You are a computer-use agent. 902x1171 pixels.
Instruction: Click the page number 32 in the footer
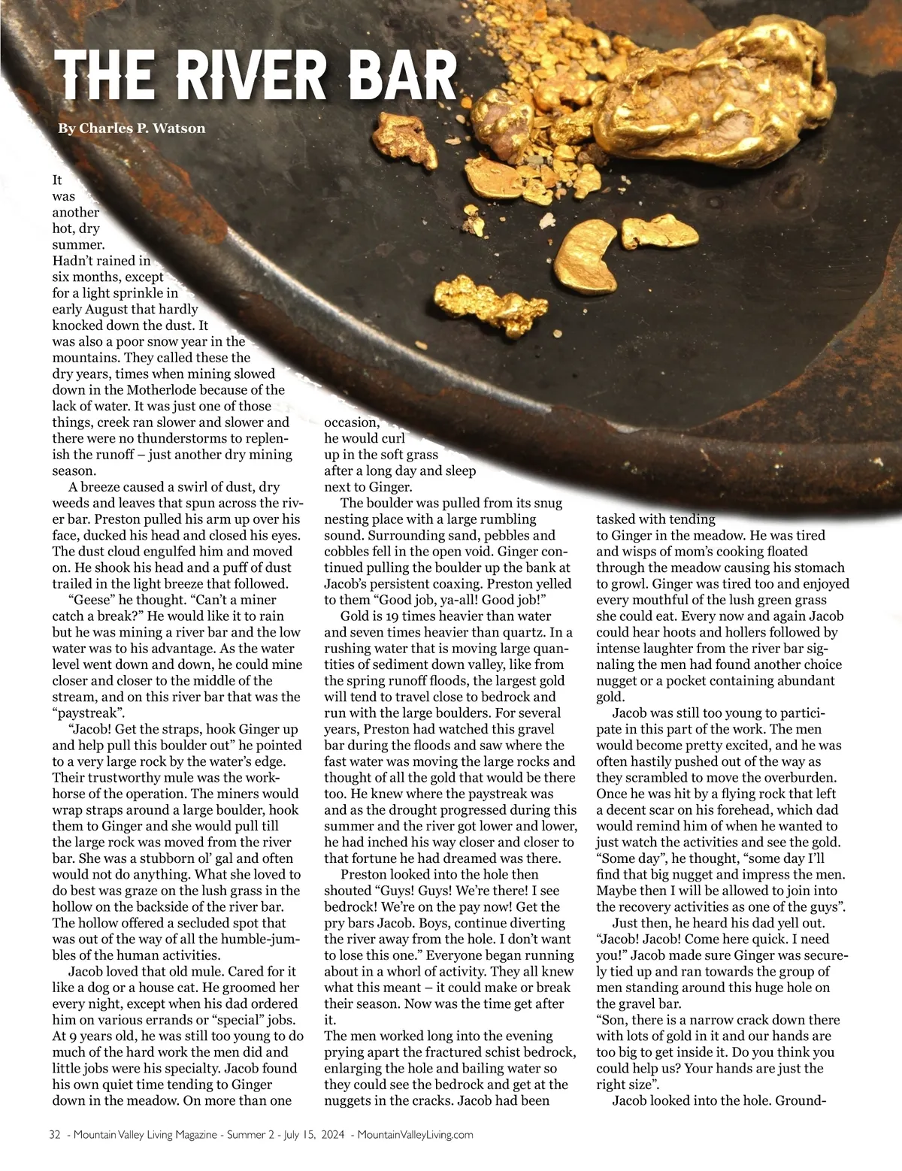point(53,1135)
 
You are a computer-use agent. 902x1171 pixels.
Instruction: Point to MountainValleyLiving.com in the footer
point(415,1135)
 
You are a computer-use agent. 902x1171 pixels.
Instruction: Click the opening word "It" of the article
point(57,180)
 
